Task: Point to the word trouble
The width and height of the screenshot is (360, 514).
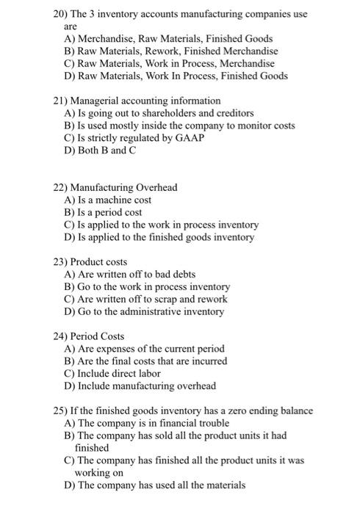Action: point(213,423)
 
